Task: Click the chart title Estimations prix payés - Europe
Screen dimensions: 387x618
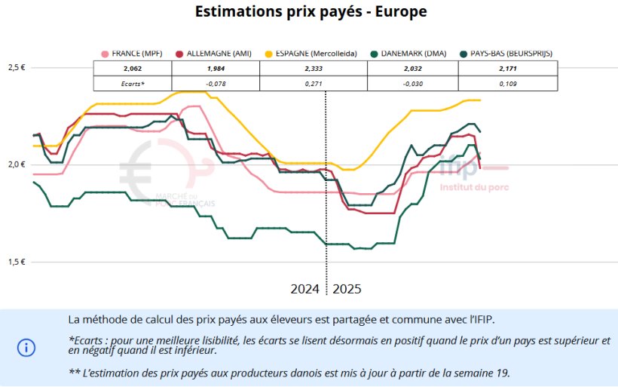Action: click(x=311, y=11)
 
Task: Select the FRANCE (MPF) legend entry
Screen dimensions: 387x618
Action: click(x=133, y=54)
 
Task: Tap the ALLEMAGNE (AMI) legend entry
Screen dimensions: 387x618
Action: click(x=213, y=54)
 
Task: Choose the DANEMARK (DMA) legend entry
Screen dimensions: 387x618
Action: click(x=407, y=54)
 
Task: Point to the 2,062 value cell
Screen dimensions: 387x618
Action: click(x=133, y=69)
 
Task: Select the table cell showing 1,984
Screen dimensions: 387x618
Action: click(x=216, y=69)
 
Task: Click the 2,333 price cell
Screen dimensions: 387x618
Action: click(x=313, y=69)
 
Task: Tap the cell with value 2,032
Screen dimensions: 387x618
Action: click(x=409, y=69)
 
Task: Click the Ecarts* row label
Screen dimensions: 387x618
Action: click(x=133, y=83)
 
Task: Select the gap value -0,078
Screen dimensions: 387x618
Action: click(x=216, y=83)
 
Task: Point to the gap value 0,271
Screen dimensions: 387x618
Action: click(x=313, y=83)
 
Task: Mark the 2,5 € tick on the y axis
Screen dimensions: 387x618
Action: click(x=17, y=67)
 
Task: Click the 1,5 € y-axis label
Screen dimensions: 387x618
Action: click(x=17, y=262)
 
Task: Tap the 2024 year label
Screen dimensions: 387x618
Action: click(x=306, y=289)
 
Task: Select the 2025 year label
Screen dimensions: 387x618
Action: click(x=347, y=289)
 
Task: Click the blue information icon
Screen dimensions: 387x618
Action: click(x=26, y=347)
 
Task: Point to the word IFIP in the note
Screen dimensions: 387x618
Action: click(x=482, y=320)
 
